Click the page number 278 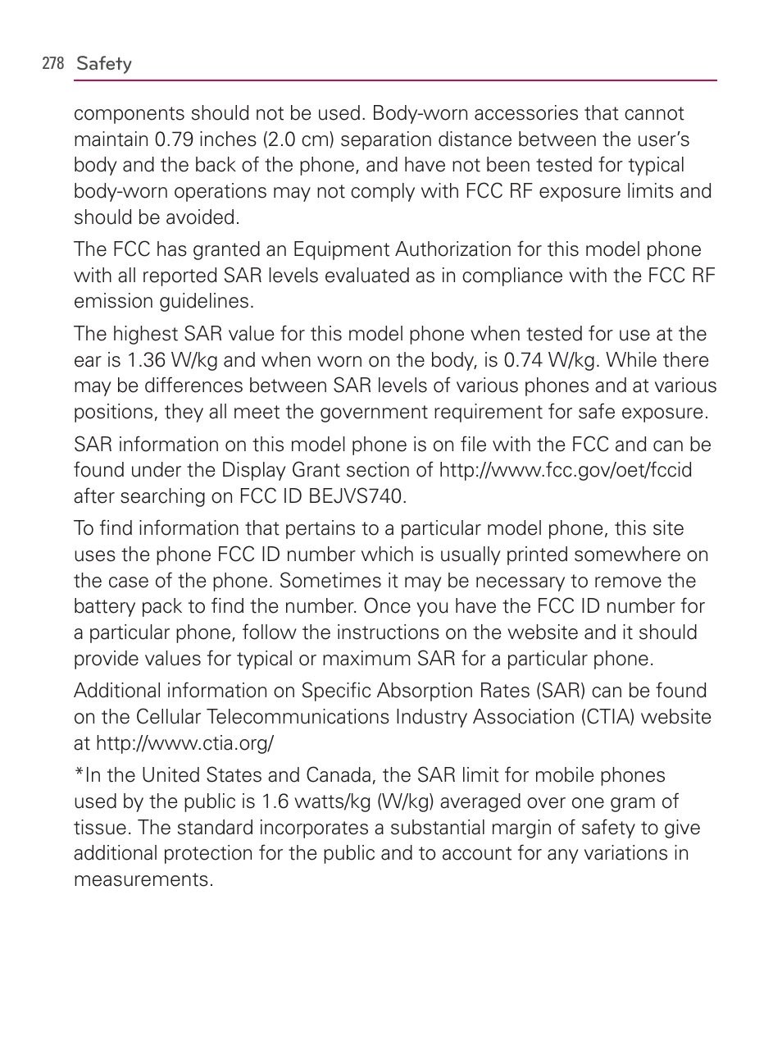coord(52,63)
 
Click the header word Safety coord(104,63)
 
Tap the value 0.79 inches coord(194,139)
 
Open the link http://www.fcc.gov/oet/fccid coord(566,470)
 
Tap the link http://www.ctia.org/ coord(184,743)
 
